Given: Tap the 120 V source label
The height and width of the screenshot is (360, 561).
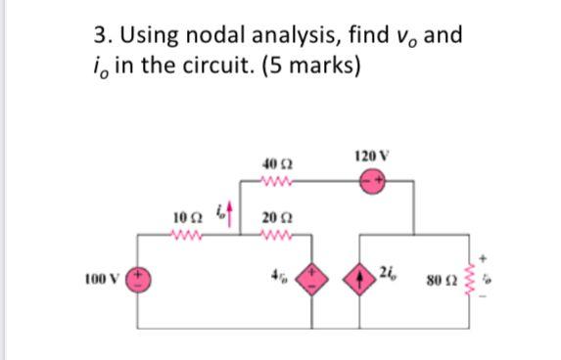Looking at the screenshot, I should coord(374,157).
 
